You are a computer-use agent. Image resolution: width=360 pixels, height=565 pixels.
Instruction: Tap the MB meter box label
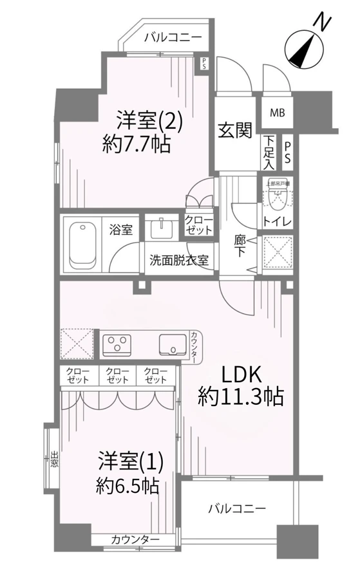pyautogui.click(x=276, y=113)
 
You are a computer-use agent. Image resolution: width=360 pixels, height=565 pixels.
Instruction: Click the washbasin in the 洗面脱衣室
pyautogui.click(x=160, y=230)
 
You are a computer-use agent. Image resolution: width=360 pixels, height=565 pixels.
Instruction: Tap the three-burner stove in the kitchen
pyautogui.click(x=117, y=344)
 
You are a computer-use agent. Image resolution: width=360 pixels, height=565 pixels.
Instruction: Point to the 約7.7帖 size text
pyautogui.click(x=136, y=145)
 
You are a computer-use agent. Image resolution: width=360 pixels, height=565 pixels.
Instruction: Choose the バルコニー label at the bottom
pyautogui.click(x=236, y=508)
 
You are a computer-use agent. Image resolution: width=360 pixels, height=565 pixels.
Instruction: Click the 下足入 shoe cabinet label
pyautogui.click(x=269, y=151)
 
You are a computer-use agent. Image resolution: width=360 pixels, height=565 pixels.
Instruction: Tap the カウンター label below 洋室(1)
pyautogui.click(x=131, y=539)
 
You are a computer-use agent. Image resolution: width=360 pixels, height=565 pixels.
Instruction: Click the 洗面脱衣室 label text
pyautogui.click(x=178, y=261)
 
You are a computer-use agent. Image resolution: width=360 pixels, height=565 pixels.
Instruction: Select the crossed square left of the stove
pyautogui.click(x=77, y=344)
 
